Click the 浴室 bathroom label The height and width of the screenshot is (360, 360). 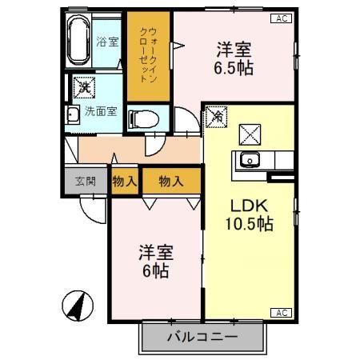tap(106, 41)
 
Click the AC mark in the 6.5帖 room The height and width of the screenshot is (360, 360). tap(282, 18)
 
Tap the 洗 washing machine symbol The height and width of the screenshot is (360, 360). tap(82, 86)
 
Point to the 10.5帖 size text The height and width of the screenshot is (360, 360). tap(250, 224)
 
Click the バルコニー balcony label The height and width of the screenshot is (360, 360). tap(202, 337)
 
